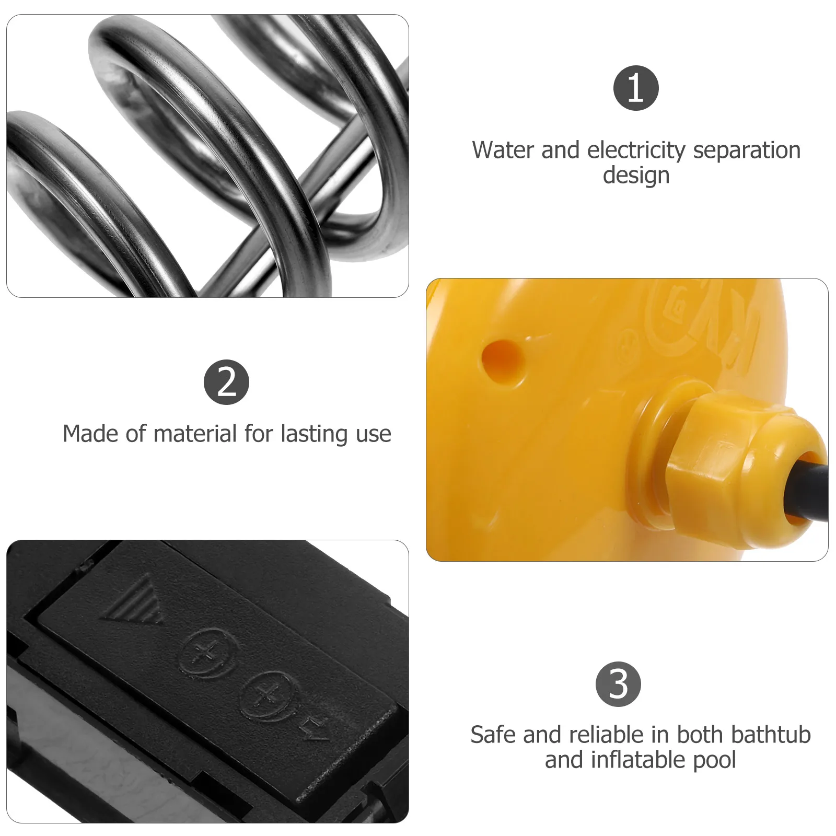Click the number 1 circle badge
tap(636, 88)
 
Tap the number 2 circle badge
tap(226, 382)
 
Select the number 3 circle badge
tap(618, 684)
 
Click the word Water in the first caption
tap(503, 150)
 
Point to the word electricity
tap(636, 150)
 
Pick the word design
tap(636, 176)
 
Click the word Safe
tap(493, 735)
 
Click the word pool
tap(714, 760)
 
